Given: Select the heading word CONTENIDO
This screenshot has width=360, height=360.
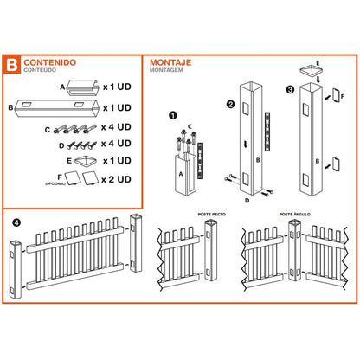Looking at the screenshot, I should click(49, 62).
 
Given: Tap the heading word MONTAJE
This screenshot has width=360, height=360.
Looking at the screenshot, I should click(171, 62).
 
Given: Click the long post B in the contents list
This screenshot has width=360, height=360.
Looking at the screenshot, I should click(56, 106).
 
